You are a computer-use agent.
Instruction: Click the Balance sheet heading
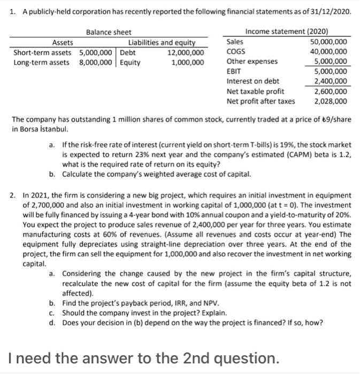pos(109,33)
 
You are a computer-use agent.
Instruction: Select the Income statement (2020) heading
pos(287,33)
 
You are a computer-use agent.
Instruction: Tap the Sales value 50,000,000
pos(328,42)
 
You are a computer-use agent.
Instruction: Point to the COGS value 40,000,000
pos(328,52)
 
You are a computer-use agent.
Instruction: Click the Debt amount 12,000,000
pos(186,52)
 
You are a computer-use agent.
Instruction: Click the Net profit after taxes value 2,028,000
pos(331,100)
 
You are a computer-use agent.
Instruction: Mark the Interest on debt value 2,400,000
pos(331,81)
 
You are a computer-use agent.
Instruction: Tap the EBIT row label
pos(234,72)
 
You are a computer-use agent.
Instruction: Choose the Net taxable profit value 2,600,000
pos(331,91)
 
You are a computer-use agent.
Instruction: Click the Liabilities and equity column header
pos(162,43)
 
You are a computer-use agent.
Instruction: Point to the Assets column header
pos(63,43)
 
